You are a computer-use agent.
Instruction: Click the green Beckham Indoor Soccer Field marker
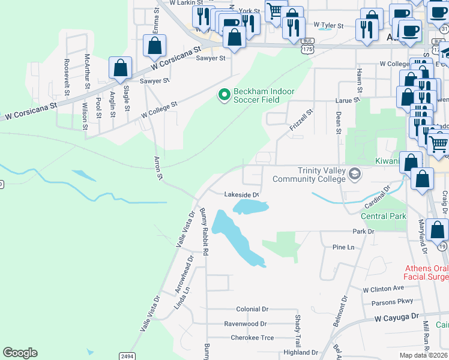pyautogui.click(x=224, y=95)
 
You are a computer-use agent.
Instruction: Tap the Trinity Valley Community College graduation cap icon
pyautogui.click(x=355, y=174)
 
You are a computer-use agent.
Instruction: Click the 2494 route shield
pyautogui.click(x=127, y=356)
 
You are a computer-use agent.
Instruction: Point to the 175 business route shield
pyautogui.click(x=307, y=49)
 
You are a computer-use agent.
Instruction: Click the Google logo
pyautogui.click(x=20, y=353)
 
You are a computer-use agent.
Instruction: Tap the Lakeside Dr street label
pyautogui.click(x=241, y=194)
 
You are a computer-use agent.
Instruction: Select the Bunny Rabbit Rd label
pyautogui.click(x=204, y=232)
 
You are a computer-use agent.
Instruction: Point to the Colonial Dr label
pyautogui.click(x=252, y=310)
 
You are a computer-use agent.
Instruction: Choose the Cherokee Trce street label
pyautogui.click(x=252, y=338)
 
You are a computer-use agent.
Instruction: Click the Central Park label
pyautogui.click(x=384, y=216)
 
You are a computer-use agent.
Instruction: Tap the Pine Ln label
pyautogui.click(x=343, y=247)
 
